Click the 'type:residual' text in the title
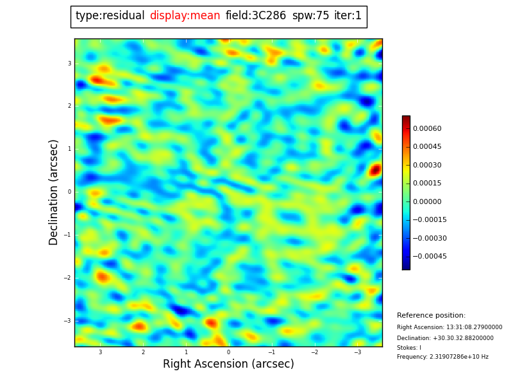(110, 16)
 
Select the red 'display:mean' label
(185, 16)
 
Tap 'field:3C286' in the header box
(255, 16)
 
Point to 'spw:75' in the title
(310, 16)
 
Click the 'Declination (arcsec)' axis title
(54, 192)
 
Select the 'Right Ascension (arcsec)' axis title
(228, 364)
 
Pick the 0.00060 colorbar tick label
(426, 128)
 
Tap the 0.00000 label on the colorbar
(426, 201)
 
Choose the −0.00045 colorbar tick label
(429, 257)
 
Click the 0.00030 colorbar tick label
(426, 165)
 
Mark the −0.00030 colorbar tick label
(429, 238)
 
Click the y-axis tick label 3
(69, 64)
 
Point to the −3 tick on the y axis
(68, 321)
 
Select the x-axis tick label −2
(314, 352)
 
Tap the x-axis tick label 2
(143, 352)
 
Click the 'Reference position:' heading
(431, 316)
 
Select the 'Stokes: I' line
(409, 348)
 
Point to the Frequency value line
(442, 357)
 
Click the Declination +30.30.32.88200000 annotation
(445, 338)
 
